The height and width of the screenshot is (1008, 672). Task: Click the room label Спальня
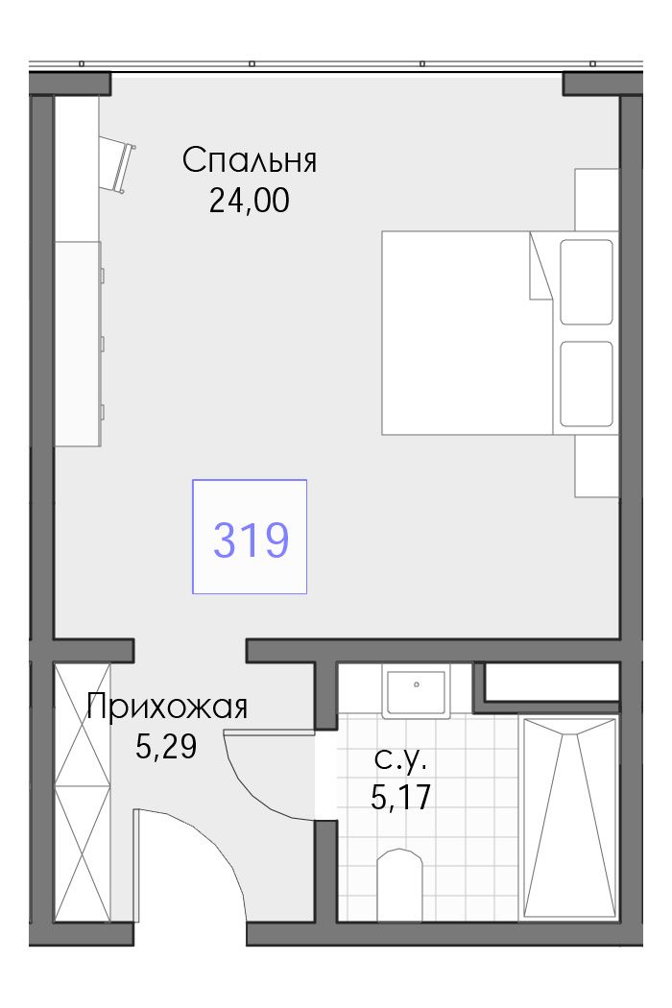pyautogui.click(x=250, y=160)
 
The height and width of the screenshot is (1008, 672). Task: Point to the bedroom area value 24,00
pyautogui.click(x=249, y=202)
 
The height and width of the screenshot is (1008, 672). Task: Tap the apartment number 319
pyautogui.click(x=251, y=540)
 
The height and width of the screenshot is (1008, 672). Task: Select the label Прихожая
pyautogui.click(x=167, y=708)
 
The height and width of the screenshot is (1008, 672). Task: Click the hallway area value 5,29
pyautogui.click(x=166, y=746)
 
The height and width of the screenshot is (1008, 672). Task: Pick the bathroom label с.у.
pyautogui.click(x=400, y=760)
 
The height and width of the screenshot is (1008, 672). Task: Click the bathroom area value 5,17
pyautogui.click(x=400, y=798)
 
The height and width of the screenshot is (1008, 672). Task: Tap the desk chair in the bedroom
pyautogui.click(x=118, y=164)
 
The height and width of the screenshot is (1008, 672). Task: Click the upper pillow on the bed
pyautogui.click(x=586, y=282)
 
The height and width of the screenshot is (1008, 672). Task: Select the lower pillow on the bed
pyautogui.click(x=586, y=384)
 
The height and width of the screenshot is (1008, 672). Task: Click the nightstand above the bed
pyautogui.click(x=597, y=200)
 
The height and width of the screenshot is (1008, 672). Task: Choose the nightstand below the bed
pyautogui.click(x=597, y=466)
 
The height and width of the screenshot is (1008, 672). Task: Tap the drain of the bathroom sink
pyautogui.click(x=417, y=684)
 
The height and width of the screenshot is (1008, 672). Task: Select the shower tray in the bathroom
pyautogui.click(x=569, y=818)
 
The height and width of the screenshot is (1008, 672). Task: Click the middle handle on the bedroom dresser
pyautogui.click(x=103, y=343)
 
